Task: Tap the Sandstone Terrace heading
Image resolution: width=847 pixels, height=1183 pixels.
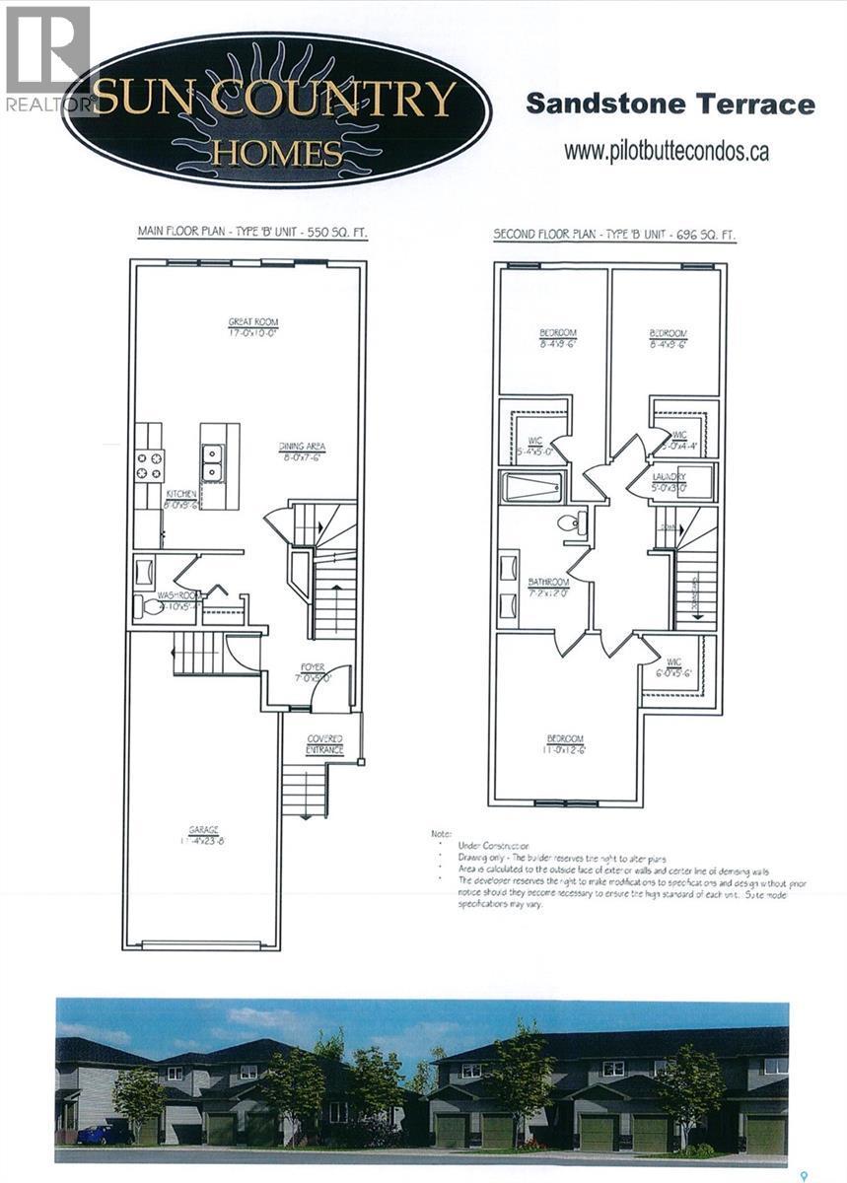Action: (670, 104)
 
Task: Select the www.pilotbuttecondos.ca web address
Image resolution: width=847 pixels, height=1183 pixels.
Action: (666, 152)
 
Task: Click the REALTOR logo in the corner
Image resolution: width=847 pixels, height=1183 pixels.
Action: (45, 59)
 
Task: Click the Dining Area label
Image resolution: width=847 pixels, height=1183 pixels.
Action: (301, 452)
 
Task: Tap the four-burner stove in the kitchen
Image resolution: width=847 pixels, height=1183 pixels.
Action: (150, 465)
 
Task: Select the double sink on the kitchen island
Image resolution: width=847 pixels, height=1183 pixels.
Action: (212, 462)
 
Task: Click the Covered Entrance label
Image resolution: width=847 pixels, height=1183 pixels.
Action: (324, 744)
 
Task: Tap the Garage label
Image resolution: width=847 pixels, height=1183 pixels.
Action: (205, 834)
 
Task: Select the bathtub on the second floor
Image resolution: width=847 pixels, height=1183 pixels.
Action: (531, 487)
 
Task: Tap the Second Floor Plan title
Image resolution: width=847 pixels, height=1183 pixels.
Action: (613, 236)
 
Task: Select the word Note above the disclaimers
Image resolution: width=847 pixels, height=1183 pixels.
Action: (442, 834)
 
